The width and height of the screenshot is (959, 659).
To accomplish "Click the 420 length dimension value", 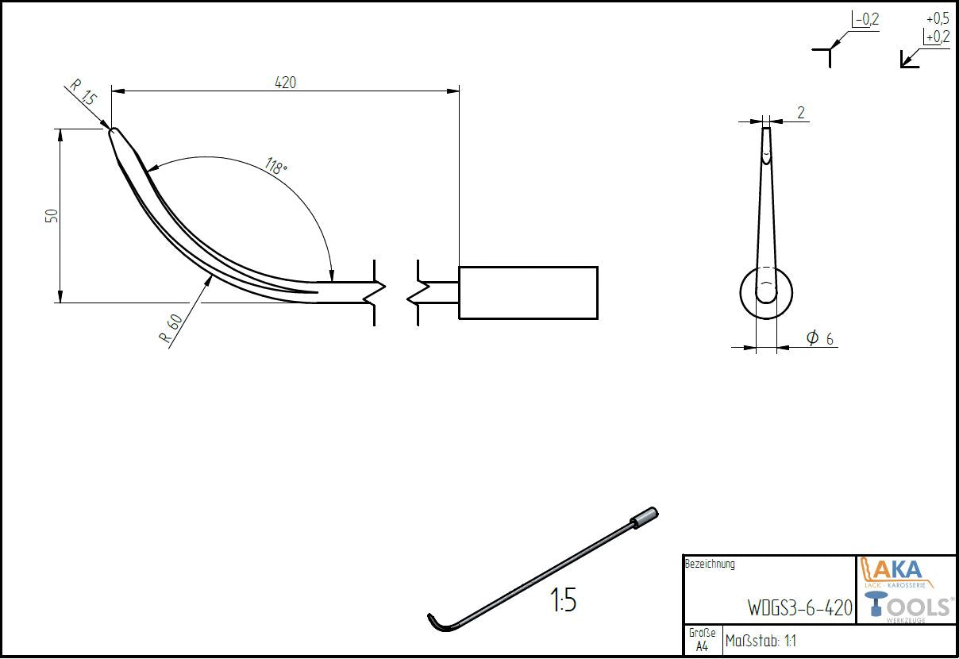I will click(285, 82).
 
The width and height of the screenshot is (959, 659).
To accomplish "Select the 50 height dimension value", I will click(52, 216).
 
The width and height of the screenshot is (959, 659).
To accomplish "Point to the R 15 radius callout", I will click(82, 93).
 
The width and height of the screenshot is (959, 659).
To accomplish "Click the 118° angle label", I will click(276, 168).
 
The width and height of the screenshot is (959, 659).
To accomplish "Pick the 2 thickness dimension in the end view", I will click(801, 113).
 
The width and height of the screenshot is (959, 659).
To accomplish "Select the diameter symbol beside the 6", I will click(812, 338).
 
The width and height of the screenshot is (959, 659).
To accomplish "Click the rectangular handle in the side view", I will click(528, 292).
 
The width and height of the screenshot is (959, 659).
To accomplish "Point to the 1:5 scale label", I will click(562, 602).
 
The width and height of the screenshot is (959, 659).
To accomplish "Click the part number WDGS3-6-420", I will click(799, 608).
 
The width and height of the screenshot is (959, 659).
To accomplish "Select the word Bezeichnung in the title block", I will click(710, 565).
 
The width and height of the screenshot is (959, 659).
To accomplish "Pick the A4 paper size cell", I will click(702, 646).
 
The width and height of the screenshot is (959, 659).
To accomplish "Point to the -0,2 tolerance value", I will click(866, 19).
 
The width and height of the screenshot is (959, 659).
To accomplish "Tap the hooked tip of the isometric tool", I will click(434, 621).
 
